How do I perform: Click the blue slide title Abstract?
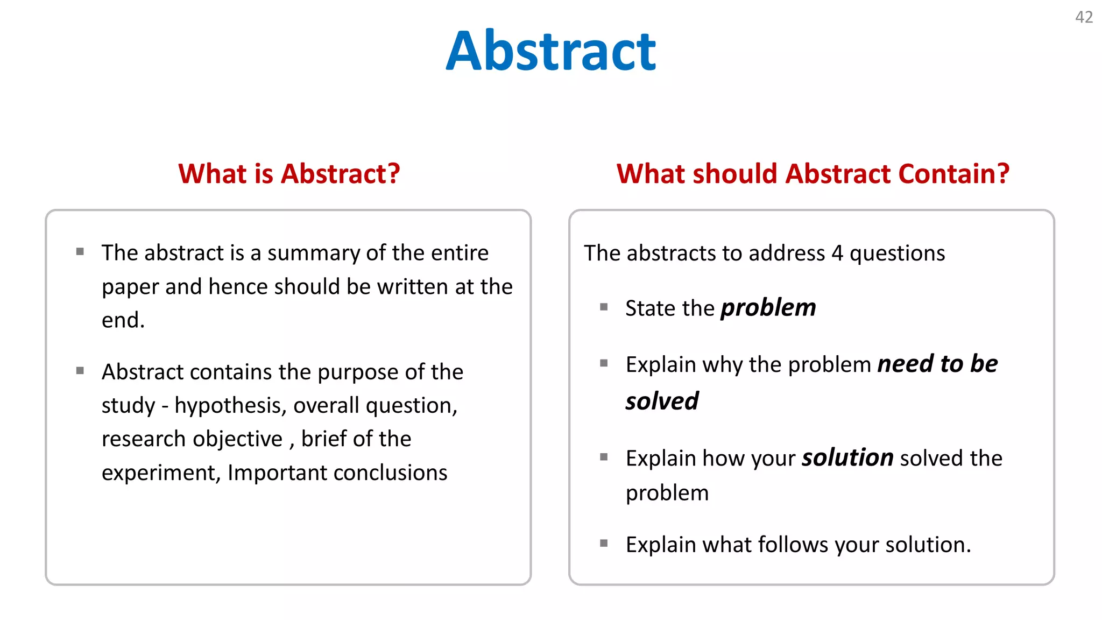coord(550,51)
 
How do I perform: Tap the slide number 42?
coord(1084,17)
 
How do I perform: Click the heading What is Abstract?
coord(289,174)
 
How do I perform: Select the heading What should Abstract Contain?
coord(813,174)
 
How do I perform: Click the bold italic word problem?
coord(768,308)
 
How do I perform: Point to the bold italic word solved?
coord(661,401)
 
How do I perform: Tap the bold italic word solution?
coord(847,458)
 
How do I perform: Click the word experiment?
coord(158,473)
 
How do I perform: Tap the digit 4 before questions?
coord(837,253)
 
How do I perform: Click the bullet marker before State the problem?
coord(604,307)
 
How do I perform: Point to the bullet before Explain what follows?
coord(604,544)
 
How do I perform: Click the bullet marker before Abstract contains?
coord(80,370)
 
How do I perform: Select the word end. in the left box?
coord(123,320)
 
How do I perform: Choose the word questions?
coord(897,253)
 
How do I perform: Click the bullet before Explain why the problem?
coord(604,363)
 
